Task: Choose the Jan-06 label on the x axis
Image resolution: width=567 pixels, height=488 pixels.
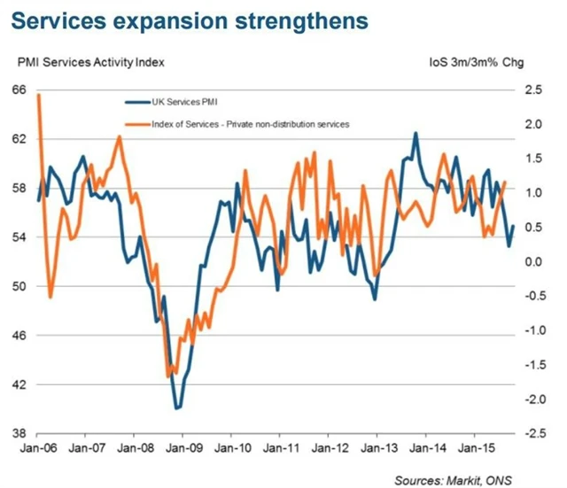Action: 38,448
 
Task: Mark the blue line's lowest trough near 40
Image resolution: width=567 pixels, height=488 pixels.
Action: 178,408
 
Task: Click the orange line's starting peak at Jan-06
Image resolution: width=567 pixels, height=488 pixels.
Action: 38,95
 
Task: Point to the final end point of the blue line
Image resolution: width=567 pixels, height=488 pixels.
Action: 513,227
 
